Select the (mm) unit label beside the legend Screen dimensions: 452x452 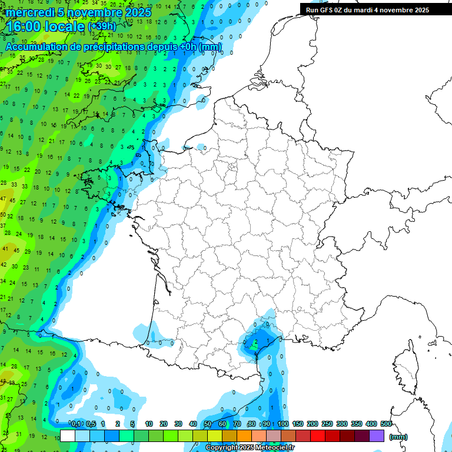[398, 437]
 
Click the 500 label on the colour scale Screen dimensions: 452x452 [386, 424]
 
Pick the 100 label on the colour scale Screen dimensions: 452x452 [283, 424]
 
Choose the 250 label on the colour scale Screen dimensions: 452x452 [327, 424]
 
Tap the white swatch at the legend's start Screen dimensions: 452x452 [68, 436]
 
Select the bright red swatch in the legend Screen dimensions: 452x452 [318, 436]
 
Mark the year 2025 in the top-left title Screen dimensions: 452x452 [137, 12]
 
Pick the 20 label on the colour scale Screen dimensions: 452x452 [163, 424]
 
